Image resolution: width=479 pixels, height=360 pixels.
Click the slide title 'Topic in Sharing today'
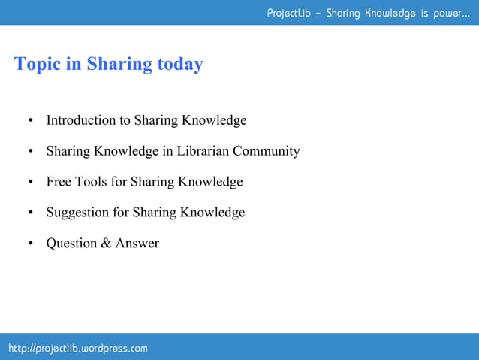pos(108,65)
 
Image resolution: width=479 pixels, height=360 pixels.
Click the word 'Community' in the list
pos(266,151)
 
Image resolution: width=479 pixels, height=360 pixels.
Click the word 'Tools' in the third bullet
pos(92,182)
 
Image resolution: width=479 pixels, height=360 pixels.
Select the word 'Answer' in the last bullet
pos(137,244)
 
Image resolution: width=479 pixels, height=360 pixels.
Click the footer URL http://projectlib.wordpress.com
pos(78,349)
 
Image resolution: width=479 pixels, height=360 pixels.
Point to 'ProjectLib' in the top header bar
pos(289,13)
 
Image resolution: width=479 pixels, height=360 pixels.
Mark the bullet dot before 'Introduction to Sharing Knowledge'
pos(31,121)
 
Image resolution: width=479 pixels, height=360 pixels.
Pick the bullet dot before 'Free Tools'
pos(31,183)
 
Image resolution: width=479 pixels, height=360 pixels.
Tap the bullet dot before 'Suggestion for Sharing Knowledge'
pos(31,213)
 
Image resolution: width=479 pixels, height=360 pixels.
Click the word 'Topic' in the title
pos(37,65)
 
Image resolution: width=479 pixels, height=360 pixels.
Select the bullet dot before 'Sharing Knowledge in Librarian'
pos(31,152)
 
